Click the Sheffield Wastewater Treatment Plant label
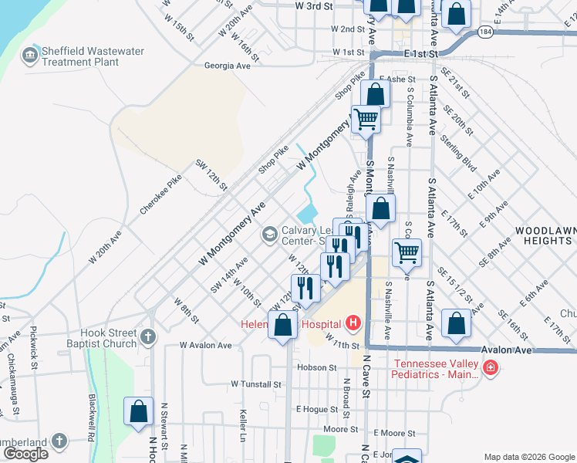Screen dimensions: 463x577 click(x=93, y=56)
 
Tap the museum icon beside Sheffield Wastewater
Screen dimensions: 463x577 click(x=30, y=56)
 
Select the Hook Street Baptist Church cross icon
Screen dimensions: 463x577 click(x=147, y=336)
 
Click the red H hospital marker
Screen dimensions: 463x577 click(x=353, y=322)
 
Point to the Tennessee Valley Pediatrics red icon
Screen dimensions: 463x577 click(x=491, y=370)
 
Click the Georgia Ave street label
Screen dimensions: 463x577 click(x=228, y=66)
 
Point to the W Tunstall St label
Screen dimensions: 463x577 click(x=256, y=384)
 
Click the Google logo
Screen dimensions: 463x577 click(x=25, y=454)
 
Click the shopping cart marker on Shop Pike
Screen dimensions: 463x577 click(x=366, y=119)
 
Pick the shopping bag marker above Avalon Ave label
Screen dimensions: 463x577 click(x=457, y=323)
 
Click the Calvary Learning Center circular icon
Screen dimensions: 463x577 click(x=269, y=233)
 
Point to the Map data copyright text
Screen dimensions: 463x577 click(x=529, y=457)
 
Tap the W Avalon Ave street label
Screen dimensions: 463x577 click(x=205, y=346)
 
